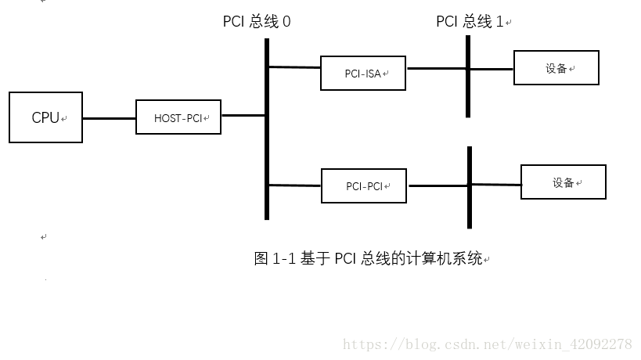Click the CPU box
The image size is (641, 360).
(45, 117)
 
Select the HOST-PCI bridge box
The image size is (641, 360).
(178, 118)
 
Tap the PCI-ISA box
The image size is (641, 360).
(363, 73)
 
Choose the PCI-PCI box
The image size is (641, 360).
(364, 186)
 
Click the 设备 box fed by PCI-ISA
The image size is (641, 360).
(556, 68)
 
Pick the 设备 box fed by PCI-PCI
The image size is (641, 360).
(563, 182)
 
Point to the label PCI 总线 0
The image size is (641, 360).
(257, 22)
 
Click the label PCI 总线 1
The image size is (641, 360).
(470, 22)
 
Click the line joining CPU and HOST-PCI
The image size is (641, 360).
(109, 118)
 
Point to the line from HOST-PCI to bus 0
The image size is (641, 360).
(243, 116)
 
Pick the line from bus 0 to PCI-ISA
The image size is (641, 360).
(294, 67)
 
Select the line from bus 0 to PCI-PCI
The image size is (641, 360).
(295, 185)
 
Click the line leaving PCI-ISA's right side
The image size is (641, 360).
(435, 68)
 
